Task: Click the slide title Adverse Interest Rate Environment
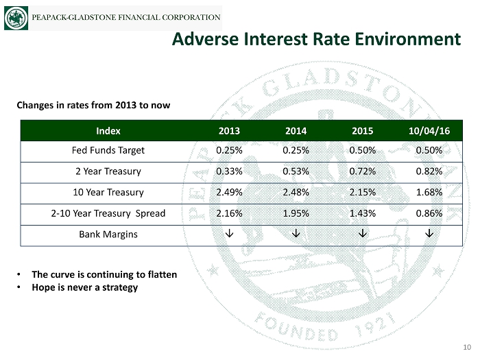click(x=316, y=40)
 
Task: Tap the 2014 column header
click(x=296, y=130)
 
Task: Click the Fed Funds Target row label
click(x=108, y=149)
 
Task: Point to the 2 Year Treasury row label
click(x=108, y=171)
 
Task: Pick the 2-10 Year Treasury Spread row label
click(x=108, y=213)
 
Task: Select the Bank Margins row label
click(x=108, y=235)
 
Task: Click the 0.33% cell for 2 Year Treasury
click(x=228, y=171)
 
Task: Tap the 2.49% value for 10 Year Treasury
click(x=228, y=192)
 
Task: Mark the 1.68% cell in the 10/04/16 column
click(x=429, y=192)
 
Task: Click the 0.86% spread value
click(x=429, y=213)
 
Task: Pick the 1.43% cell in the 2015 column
click(x=363, y=213)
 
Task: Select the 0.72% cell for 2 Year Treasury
click(x=363, y=171)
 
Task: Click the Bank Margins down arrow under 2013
click(x=228, y=235)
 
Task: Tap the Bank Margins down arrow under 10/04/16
click(x=429, y=235)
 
